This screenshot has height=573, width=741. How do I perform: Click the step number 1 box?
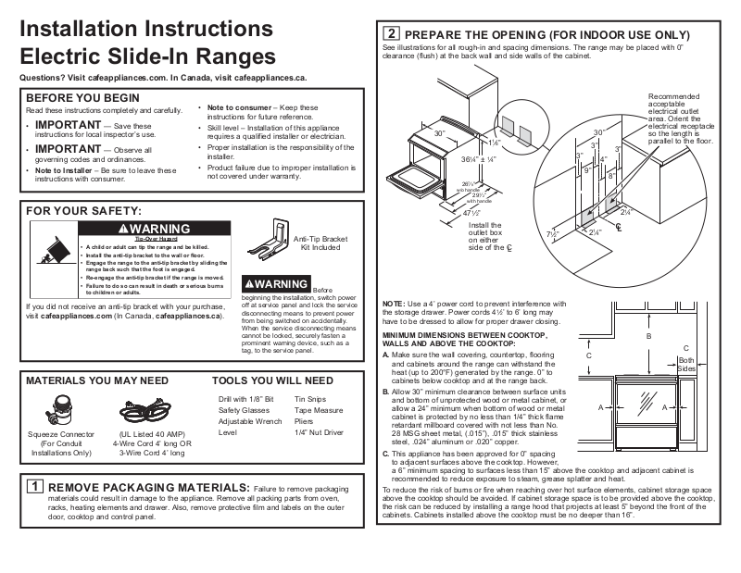tap(33, 486)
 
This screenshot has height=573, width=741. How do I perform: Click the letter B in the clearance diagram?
tap(649, 336)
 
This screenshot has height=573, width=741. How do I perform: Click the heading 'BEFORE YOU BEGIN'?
tap(82, 97)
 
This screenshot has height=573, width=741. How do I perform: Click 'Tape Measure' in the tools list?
tap(318, 409)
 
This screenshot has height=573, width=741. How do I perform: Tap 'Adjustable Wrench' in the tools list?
tap(250, 420)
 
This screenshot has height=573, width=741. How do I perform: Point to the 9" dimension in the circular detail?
tap(586, 170)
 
